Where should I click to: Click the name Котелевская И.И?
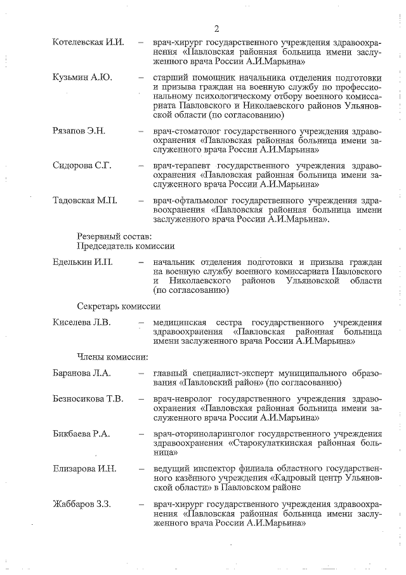[x=88, y=43]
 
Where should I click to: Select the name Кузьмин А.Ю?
[x=82, y=78]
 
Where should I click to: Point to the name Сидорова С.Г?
[x=82, y=166]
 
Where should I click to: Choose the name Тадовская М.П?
[x=84, y=201]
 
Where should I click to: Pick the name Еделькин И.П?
[x=82, y=262]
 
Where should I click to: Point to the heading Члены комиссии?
[x=113, y=356]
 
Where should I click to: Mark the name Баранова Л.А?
[x=82, y=373]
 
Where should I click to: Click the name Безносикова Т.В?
[x=88, y=399]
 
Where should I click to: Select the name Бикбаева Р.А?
[x=82, y=434]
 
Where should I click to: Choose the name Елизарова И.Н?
[x=84, y=469]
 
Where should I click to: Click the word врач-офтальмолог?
[x=187, y=201]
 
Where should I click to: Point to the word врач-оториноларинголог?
[x=200, y=434]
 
